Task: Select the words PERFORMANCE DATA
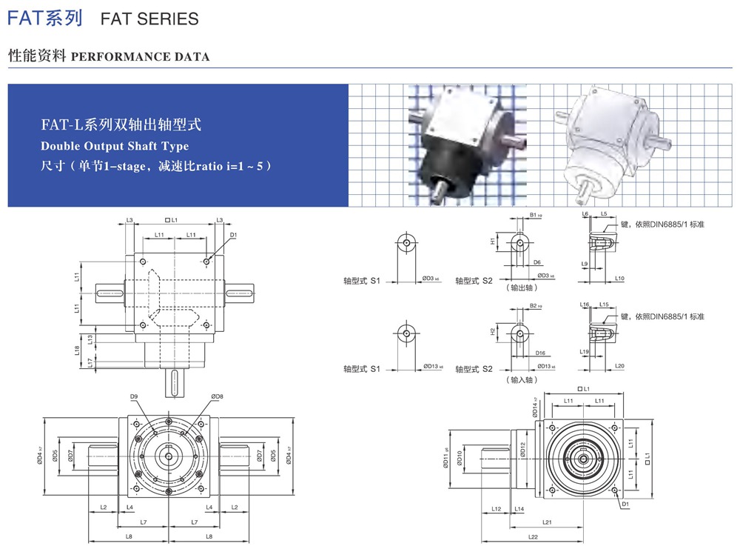tap(141, 57)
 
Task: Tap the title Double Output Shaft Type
tap(115, 146)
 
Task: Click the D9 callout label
tap(134, 397)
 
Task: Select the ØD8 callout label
tap(217, 397)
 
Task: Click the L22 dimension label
tap(533, 536)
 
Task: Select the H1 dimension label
tap(493, 242)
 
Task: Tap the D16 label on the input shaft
tap(540, 353)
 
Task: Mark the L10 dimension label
tap(619, 279)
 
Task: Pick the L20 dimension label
tap(619, 366)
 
